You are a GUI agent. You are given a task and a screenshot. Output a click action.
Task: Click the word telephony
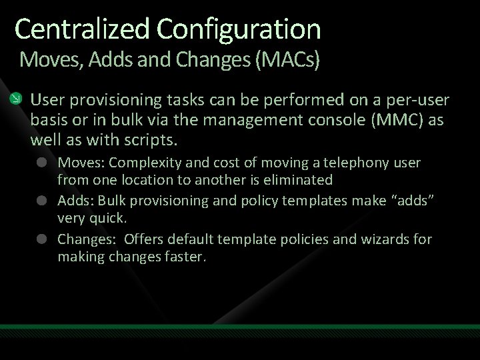click(358, 163)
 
